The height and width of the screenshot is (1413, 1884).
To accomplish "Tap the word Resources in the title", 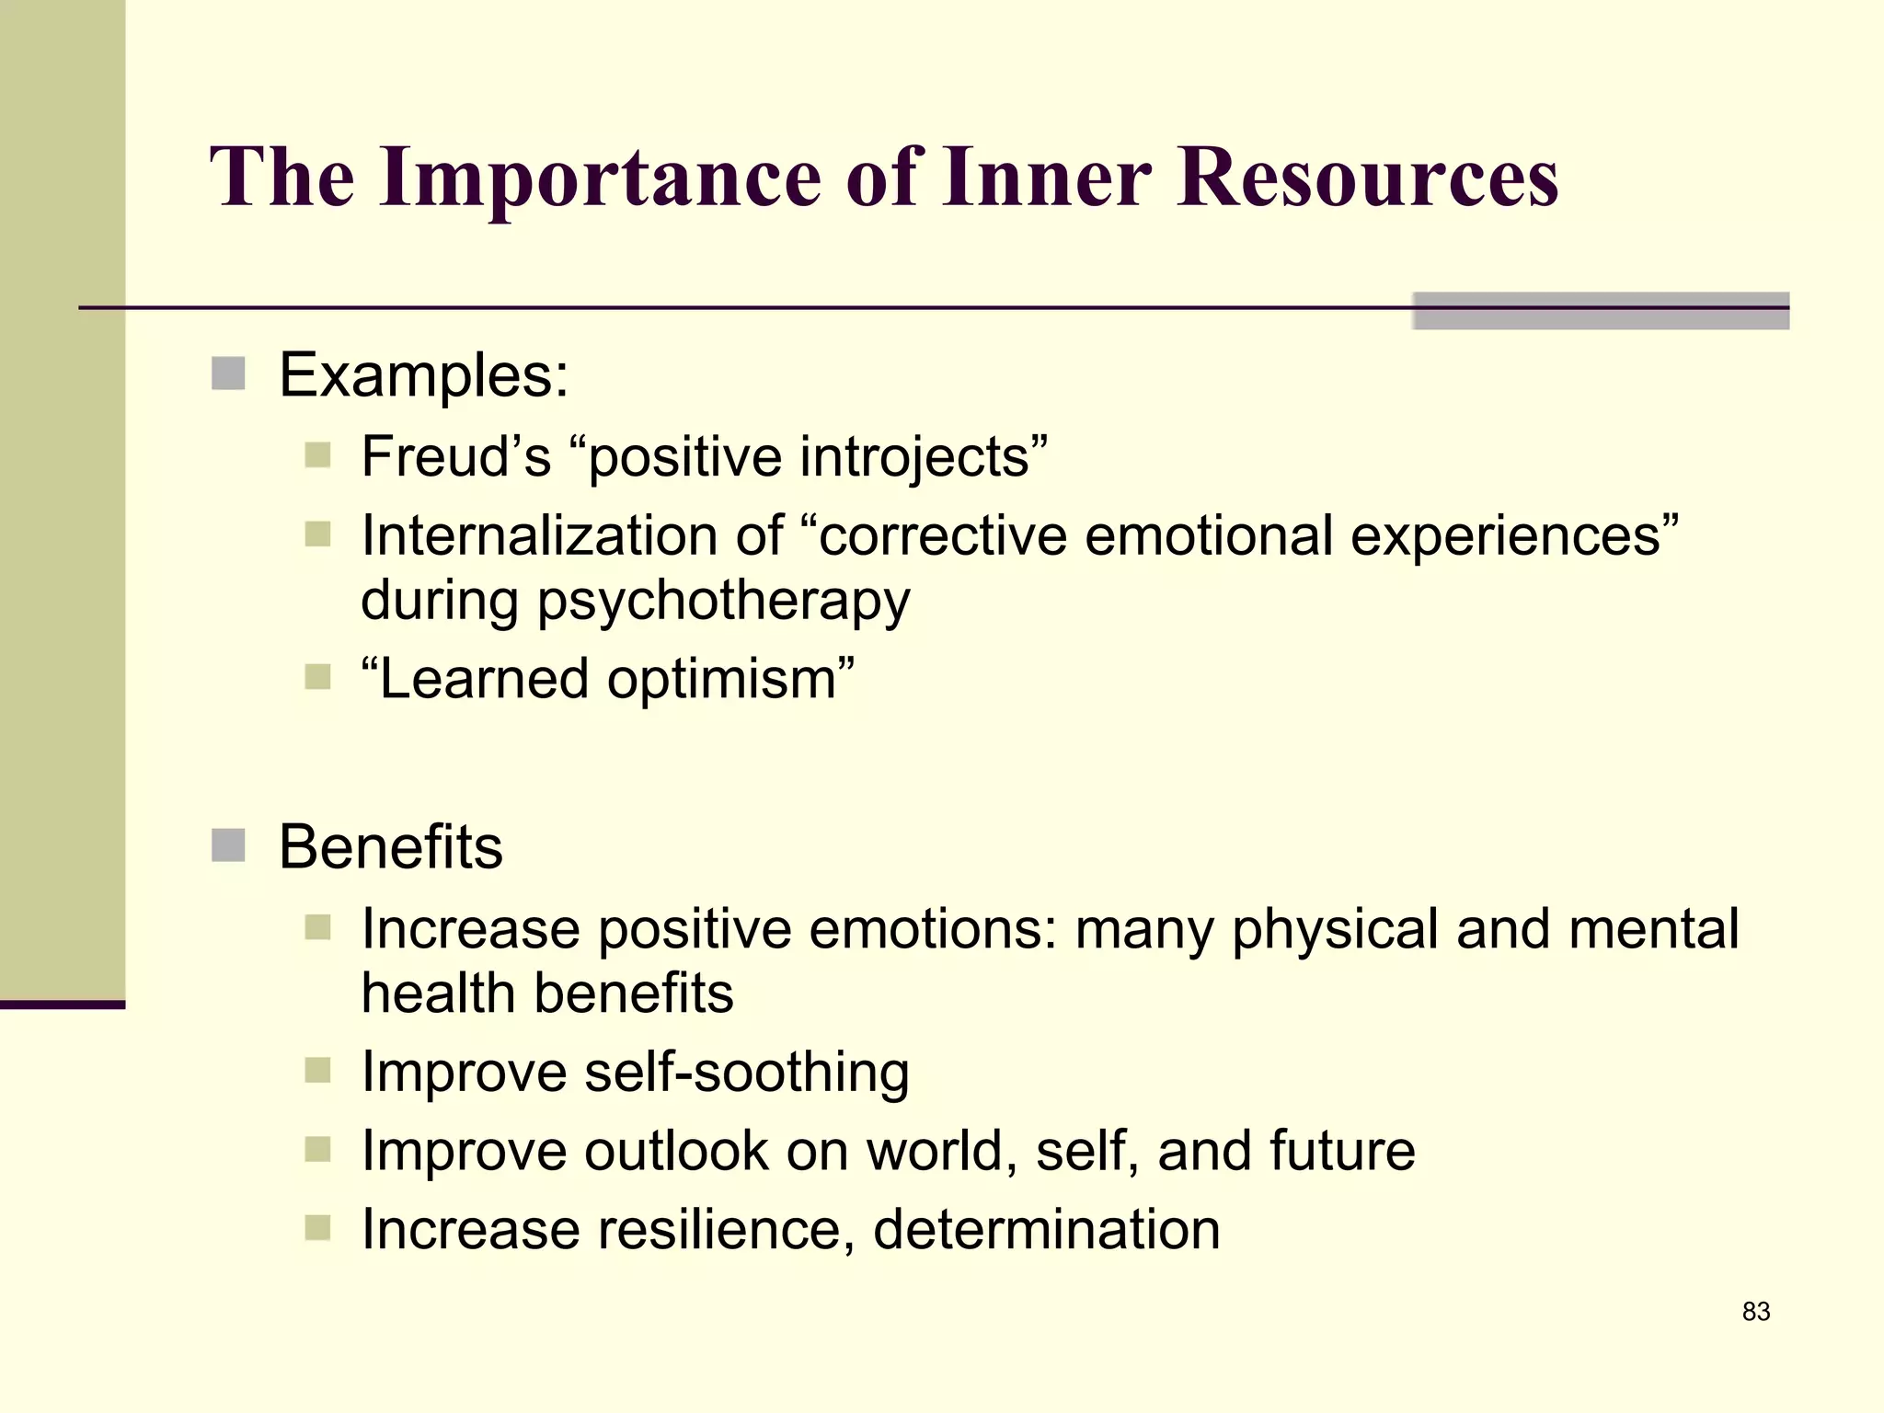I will click(1367, 177).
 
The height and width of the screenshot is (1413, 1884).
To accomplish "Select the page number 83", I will click(1755, 1312).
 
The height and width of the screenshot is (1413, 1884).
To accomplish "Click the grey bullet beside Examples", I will click(228, 374).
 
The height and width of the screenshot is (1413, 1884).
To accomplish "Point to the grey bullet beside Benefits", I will click(228, 845).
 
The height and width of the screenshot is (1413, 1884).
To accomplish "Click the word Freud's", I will click(455, 456).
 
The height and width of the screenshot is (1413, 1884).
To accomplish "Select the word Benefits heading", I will click(391, 846).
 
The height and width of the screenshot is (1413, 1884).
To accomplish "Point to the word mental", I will click(1653, 929).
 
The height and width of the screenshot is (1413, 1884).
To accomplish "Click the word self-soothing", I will click(746, 1073).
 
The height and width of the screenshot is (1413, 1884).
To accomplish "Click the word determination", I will click(1046, 1230).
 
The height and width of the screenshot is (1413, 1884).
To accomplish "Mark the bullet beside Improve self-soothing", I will click(317, 1070).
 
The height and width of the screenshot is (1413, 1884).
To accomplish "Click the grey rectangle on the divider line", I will click(1600, 311).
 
